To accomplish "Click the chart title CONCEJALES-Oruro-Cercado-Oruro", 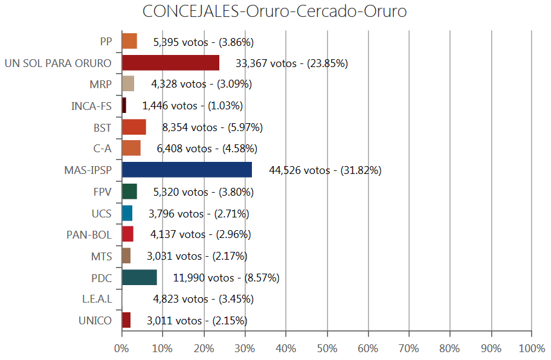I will point(275,12).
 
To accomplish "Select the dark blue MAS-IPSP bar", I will point(187,170).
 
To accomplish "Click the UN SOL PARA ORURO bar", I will point(170,63).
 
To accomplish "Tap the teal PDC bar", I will point(140,277).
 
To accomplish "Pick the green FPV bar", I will point(129,191).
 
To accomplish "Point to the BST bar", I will point(134,127).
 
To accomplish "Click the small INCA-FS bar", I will point(124,106).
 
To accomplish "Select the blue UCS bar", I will point(127,213).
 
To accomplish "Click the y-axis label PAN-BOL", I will point(89,234).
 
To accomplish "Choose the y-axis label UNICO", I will point(95,320).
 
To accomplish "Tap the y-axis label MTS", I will point(101,256).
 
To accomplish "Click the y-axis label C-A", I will point(102,149).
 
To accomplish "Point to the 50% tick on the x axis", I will point(327,349).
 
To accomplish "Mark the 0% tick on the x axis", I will point(121,349).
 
